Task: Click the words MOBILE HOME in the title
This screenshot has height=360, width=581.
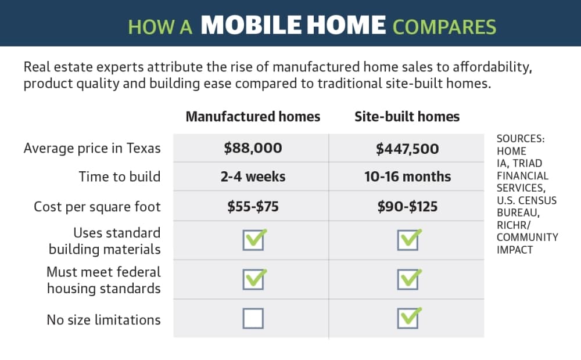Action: coord(293,25)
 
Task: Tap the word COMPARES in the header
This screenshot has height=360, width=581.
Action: coord(444,27)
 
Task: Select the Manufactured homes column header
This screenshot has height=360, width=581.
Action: coord(253,117)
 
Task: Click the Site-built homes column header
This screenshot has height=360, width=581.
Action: coord(407,117)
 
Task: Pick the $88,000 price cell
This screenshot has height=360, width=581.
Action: coord(253,148)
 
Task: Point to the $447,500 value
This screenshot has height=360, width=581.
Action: coord(407,149)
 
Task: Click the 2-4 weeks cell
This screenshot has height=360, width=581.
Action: coord(253,177)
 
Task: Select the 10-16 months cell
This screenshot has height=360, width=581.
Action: coord(407,177)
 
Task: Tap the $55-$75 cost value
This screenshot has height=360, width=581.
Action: coord(253,207)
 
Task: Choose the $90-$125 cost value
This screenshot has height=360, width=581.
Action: coord(407,207)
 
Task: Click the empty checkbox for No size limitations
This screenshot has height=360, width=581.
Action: coord(253,319)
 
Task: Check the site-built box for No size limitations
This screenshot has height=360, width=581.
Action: coord(408,318)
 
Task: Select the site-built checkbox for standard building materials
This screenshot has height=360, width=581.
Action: coord(408,239)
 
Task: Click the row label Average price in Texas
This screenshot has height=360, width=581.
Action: coord(92,148)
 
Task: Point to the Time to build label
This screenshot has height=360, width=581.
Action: coord(119,177)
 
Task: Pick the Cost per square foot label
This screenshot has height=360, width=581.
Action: coord(97,207)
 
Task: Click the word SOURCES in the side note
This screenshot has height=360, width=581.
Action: coord(521,139)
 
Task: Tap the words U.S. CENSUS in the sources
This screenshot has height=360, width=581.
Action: coord(526,200)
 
